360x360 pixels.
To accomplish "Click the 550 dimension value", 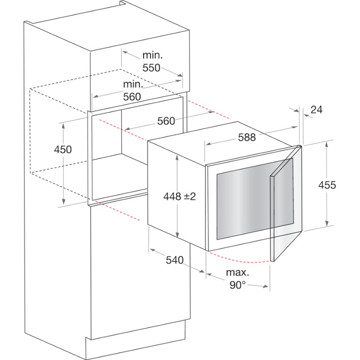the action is [151, 68].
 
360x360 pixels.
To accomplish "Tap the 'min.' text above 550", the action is [153, 55].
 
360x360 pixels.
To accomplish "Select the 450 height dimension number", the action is [63, 149].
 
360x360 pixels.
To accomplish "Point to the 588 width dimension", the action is [247, 137].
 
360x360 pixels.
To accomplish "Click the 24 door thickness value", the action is [316, 110].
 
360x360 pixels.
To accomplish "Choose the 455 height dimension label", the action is [327, 185].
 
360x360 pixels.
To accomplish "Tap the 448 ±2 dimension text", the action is [180, 197].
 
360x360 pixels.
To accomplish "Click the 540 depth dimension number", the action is [175, 260].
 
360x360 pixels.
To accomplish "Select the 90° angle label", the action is [238, 285].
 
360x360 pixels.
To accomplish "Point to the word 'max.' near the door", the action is [238, 273].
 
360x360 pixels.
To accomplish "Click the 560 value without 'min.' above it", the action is [166, 121].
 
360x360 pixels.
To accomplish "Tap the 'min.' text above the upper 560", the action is [133, 84].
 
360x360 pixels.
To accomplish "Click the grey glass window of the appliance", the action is [255, 199].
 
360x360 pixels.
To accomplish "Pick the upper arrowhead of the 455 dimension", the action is [327, 144].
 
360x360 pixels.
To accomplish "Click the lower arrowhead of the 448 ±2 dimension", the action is [177, 234].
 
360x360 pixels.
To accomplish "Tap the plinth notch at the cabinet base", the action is [88, 339].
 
